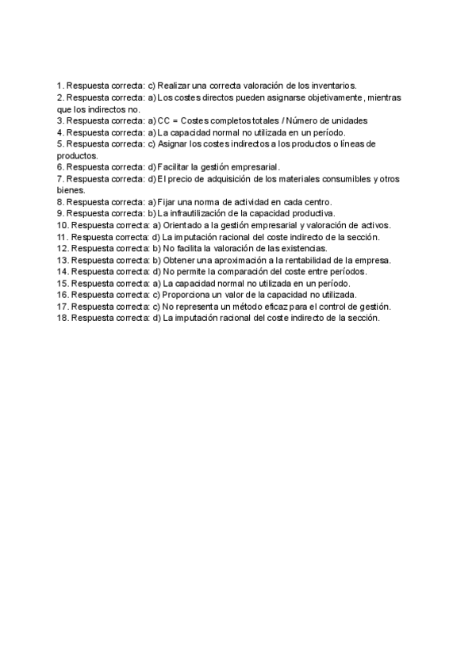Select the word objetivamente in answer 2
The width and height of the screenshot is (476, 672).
pyautogui.click(x=331, y=97)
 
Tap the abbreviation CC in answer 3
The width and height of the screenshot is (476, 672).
pyautogui.click(x=164, y=120)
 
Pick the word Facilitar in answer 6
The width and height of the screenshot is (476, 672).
pyautogui.click(x=177, y=167)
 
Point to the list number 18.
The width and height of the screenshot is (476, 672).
pyautogui.click(x=62, y=318)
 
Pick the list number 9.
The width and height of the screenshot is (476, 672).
pyautogui.click(x=59, y=214)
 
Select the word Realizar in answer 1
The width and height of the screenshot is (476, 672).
pyautogui.click(x=175, y=85)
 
